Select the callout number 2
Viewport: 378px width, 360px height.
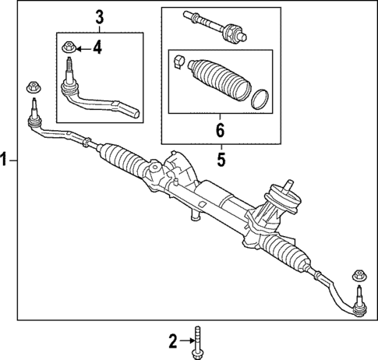pos(173,340)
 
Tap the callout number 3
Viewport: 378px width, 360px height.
pos(99,16)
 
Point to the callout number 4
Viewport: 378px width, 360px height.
pos(97,48)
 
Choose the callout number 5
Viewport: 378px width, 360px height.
pos(221,160)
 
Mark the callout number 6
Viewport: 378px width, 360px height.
pos(221,129)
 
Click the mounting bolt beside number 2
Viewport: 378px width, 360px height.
pos(198,340)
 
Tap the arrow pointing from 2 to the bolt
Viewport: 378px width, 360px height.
pos(185,340)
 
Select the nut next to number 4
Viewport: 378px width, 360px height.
pos(69,48)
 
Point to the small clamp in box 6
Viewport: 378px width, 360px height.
pos(179,62)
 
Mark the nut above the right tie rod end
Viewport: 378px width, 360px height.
pos(359,274)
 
